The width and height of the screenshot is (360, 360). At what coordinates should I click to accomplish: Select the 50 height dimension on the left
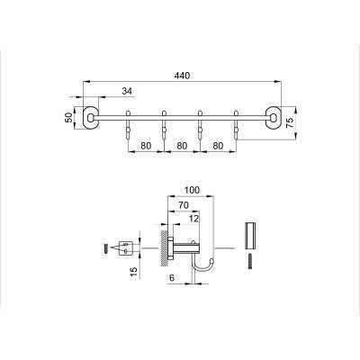point(69,116)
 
